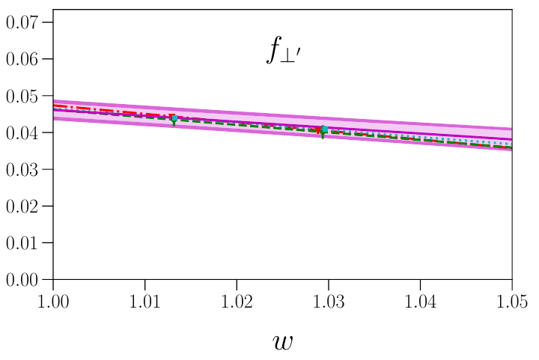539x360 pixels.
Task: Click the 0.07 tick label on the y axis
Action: pos(25,22)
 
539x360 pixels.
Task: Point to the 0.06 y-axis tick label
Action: pos(25,58)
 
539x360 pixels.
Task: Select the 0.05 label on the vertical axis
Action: pos(25,96)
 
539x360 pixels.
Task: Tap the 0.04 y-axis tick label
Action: pos(25,132)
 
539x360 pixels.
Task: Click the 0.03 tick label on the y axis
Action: pos(25,169)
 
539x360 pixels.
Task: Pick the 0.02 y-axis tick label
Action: pos(25,206)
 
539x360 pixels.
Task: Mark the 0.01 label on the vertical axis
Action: pos(25,243)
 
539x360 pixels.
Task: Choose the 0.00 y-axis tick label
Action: pos(25,280)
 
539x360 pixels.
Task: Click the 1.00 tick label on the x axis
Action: pos(53,302)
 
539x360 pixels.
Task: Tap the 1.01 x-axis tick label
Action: pos(145,302)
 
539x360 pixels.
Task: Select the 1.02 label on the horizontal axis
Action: pos(237,302)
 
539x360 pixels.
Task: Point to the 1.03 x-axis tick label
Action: pos(329,302)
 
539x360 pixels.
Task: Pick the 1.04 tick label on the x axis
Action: pos(420,302)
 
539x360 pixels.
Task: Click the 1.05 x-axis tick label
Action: pos(512,302)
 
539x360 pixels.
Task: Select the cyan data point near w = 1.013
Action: pos(174,118)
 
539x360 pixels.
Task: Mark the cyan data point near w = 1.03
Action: pos(323,129)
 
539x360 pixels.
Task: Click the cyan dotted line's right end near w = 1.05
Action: pos(511,142)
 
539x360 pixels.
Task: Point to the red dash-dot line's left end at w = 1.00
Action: pos(55,106)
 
